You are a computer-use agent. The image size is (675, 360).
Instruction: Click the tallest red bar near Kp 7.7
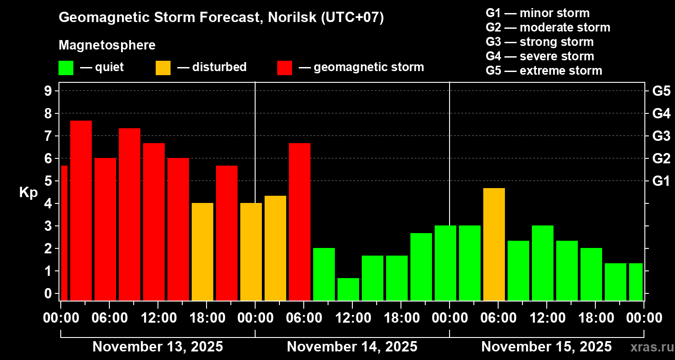click(81, 210)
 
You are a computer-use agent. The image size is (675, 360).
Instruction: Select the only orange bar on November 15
click(494, 244)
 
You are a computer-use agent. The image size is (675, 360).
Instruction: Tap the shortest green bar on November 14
click(348, 289)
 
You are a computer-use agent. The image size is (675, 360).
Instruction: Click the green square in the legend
click(66, 68)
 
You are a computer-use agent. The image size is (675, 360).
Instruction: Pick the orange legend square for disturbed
click(163, 68)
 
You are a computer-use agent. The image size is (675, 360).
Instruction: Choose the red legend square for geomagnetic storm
click(284, 68)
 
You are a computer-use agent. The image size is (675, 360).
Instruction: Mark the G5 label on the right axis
click(661, 91)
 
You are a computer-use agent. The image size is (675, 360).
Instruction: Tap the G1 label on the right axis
click(661, 181)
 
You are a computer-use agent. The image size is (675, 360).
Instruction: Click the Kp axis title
click(28, 193)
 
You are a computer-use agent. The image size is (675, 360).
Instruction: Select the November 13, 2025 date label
click(157, 347)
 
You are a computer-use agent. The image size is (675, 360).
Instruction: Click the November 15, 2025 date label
click(546, 347)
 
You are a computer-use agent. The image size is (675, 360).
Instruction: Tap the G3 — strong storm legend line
click(540, 42)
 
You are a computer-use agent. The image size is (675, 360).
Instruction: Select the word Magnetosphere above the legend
click(107, 45)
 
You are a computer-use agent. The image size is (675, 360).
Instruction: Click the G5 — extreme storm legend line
click(544, 71)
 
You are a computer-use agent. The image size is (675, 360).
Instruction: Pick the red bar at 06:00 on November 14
click(300, 221)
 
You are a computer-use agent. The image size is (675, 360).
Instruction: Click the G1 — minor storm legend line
click(537, 13)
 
